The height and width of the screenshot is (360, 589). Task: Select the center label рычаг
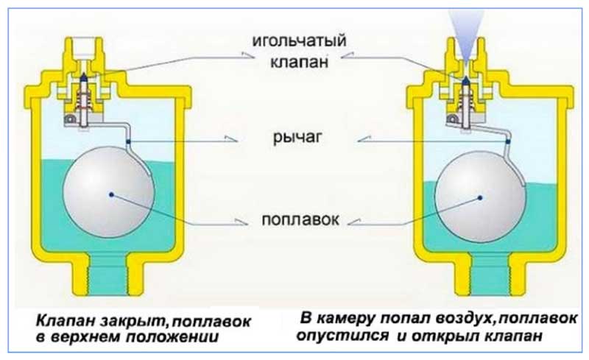294,138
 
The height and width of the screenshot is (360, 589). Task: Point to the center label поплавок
294,220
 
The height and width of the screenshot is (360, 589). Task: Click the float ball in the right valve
479,197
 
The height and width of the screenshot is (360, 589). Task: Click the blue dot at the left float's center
110,194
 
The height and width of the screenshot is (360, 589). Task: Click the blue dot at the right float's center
479,197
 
